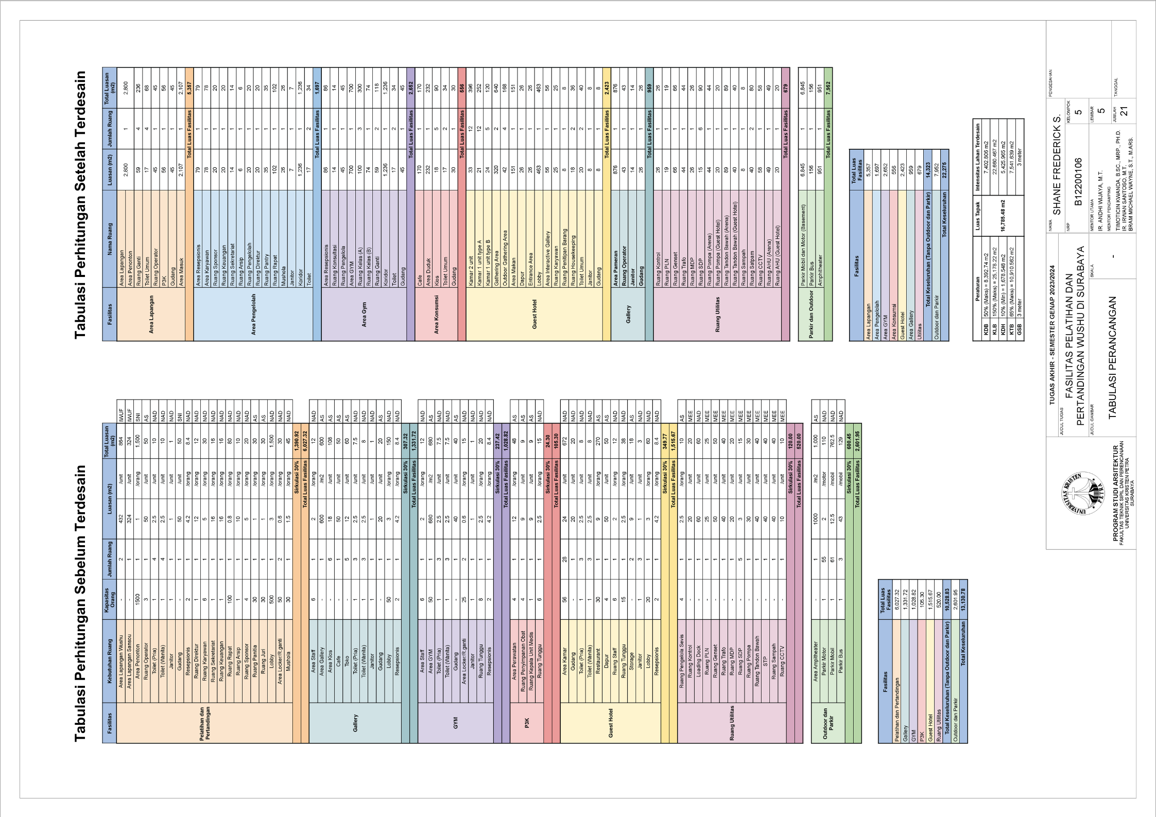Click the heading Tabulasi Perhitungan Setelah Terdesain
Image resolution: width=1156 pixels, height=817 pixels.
(x=80, y=205)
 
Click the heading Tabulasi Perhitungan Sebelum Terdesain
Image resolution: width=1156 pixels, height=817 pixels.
(x=80, y=603)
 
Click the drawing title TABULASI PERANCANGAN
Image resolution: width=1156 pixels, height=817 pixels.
(x=1113, y=357)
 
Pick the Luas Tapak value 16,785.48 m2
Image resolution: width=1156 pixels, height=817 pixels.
(x=1002, y=215)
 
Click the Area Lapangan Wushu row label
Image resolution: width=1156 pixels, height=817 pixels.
(x=121, y=655)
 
